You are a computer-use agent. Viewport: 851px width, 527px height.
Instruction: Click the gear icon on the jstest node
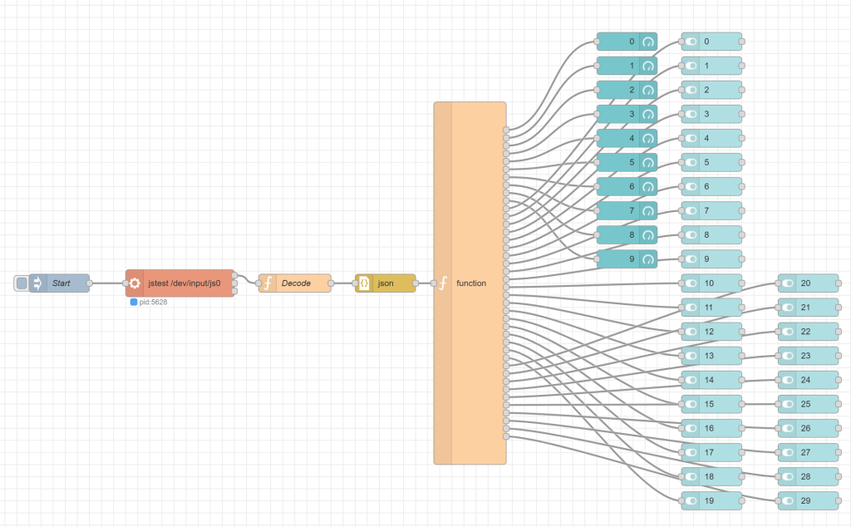click(x=135, y=283)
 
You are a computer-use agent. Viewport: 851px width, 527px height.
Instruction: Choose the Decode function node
click(x=296, y=283)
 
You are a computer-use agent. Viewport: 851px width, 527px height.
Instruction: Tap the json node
click(x=386, y=283)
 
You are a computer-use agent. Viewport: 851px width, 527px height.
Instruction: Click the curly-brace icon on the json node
click(x=364, y=283)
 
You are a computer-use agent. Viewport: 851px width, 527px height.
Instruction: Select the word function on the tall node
click(x=471, y=283)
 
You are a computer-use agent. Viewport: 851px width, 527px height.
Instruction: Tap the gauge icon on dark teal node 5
click(x=648, y=162)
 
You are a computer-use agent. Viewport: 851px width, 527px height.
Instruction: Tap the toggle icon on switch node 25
click(x=788, y=404)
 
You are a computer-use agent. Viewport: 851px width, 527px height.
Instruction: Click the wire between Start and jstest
click(x=108, y=283)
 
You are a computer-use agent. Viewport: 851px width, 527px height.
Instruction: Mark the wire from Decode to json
click(x=343, y=283)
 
